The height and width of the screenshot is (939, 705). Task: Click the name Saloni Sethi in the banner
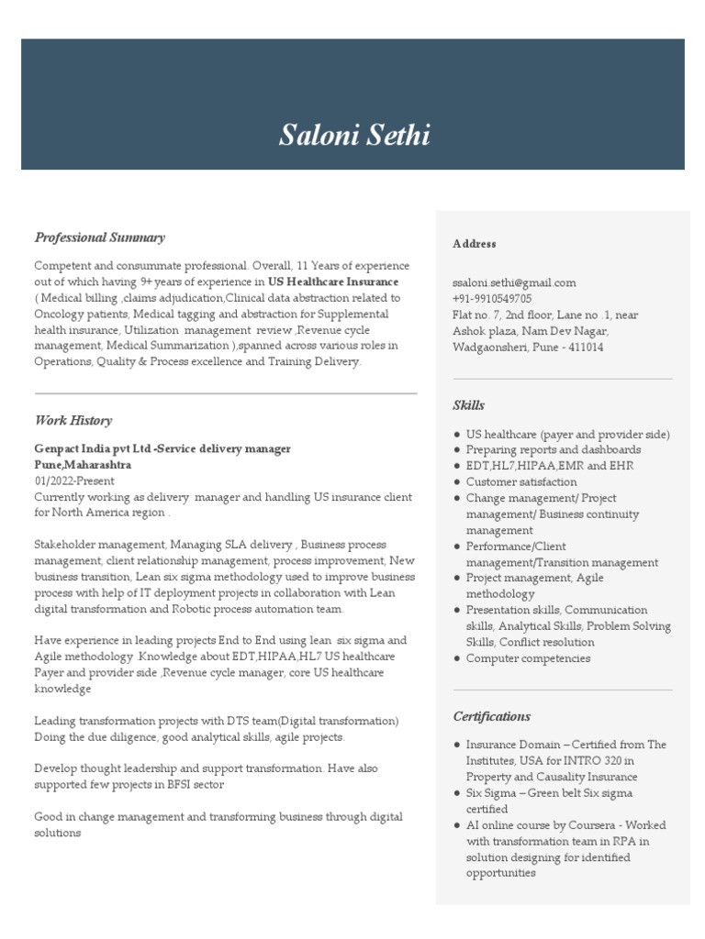(353, 135)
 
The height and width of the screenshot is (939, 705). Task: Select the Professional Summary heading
(99, 238)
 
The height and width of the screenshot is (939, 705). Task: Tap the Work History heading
(73, 421)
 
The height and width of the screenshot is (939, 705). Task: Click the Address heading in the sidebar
(474, 244)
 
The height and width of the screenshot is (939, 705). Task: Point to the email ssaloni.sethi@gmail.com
(513, 283)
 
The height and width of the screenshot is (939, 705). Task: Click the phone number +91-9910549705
(491, 299)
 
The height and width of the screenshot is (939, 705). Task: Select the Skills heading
(468, 405)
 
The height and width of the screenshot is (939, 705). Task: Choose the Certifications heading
(491, 716)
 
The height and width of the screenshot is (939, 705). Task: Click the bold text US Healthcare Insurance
(333, 282)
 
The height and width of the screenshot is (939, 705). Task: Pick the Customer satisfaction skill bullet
(520, 481)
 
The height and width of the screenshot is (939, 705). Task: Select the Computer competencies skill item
(528, 658)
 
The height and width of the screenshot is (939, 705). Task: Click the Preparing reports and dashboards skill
(553, 449)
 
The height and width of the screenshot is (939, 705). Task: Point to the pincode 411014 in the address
(585, 348)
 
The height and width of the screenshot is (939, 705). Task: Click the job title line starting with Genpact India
(162, 448)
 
